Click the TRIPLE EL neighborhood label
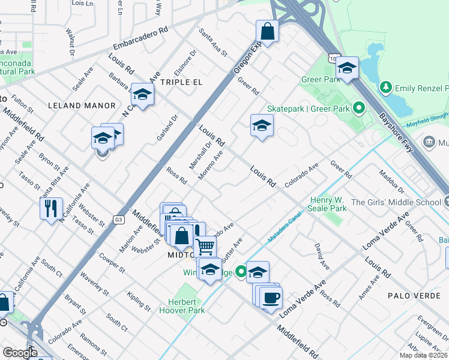point(181,82)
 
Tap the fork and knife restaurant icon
point(50,208)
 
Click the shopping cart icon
point(205,246)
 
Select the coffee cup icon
point(271,297)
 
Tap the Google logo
point(19,353)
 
